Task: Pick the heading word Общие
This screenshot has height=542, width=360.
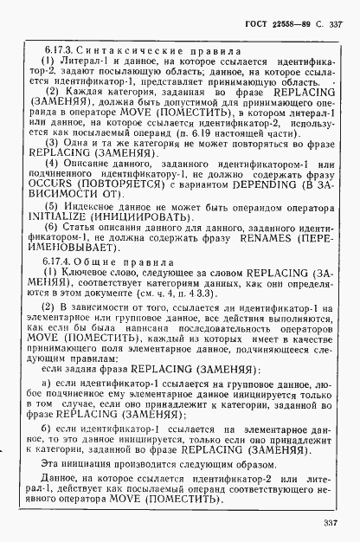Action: pyautogui.click(x=95, y=260)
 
